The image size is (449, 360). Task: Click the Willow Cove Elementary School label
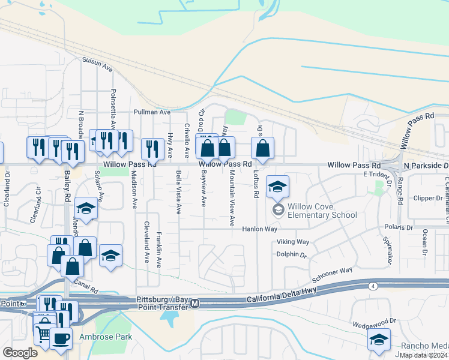coord(322,211)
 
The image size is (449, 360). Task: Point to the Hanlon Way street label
coord(260,229)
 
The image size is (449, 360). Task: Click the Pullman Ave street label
coord(152,112)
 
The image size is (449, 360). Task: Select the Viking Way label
coord(292,242)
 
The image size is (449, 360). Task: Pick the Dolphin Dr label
coord(292,255)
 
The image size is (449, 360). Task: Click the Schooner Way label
coord(331,275)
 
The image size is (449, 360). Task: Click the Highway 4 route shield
coord(373,287)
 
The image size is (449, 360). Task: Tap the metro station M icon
coord(194,305)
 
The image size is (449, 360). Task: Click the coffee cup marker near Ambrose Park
coord(61,338)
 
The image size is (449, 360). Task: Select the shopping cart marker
coord(43,332)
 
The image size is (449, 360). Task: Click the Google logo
coord(20,353)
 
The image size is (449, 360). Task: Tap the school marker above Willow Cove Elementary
coord(277,187)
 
